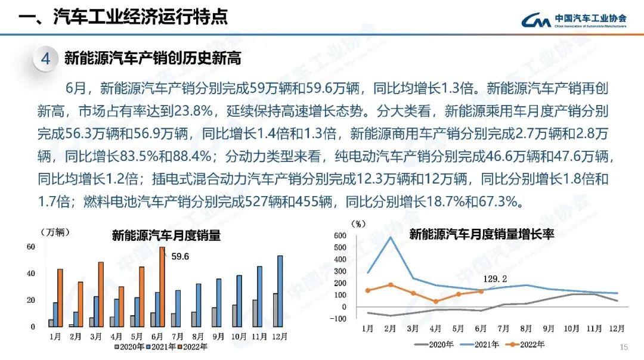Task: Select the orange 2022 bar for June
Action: [162, 287]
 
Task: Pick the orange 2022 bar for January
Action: [60, 298]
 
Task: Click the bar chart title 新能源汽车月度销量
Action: [166, 235]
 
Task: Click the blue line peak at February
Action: [391, 237]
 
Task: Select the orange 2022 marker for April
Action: [436, 302]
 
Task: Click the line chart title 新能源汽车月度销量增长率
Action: [482, 234]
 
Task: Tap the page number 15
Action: [624, 347]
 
